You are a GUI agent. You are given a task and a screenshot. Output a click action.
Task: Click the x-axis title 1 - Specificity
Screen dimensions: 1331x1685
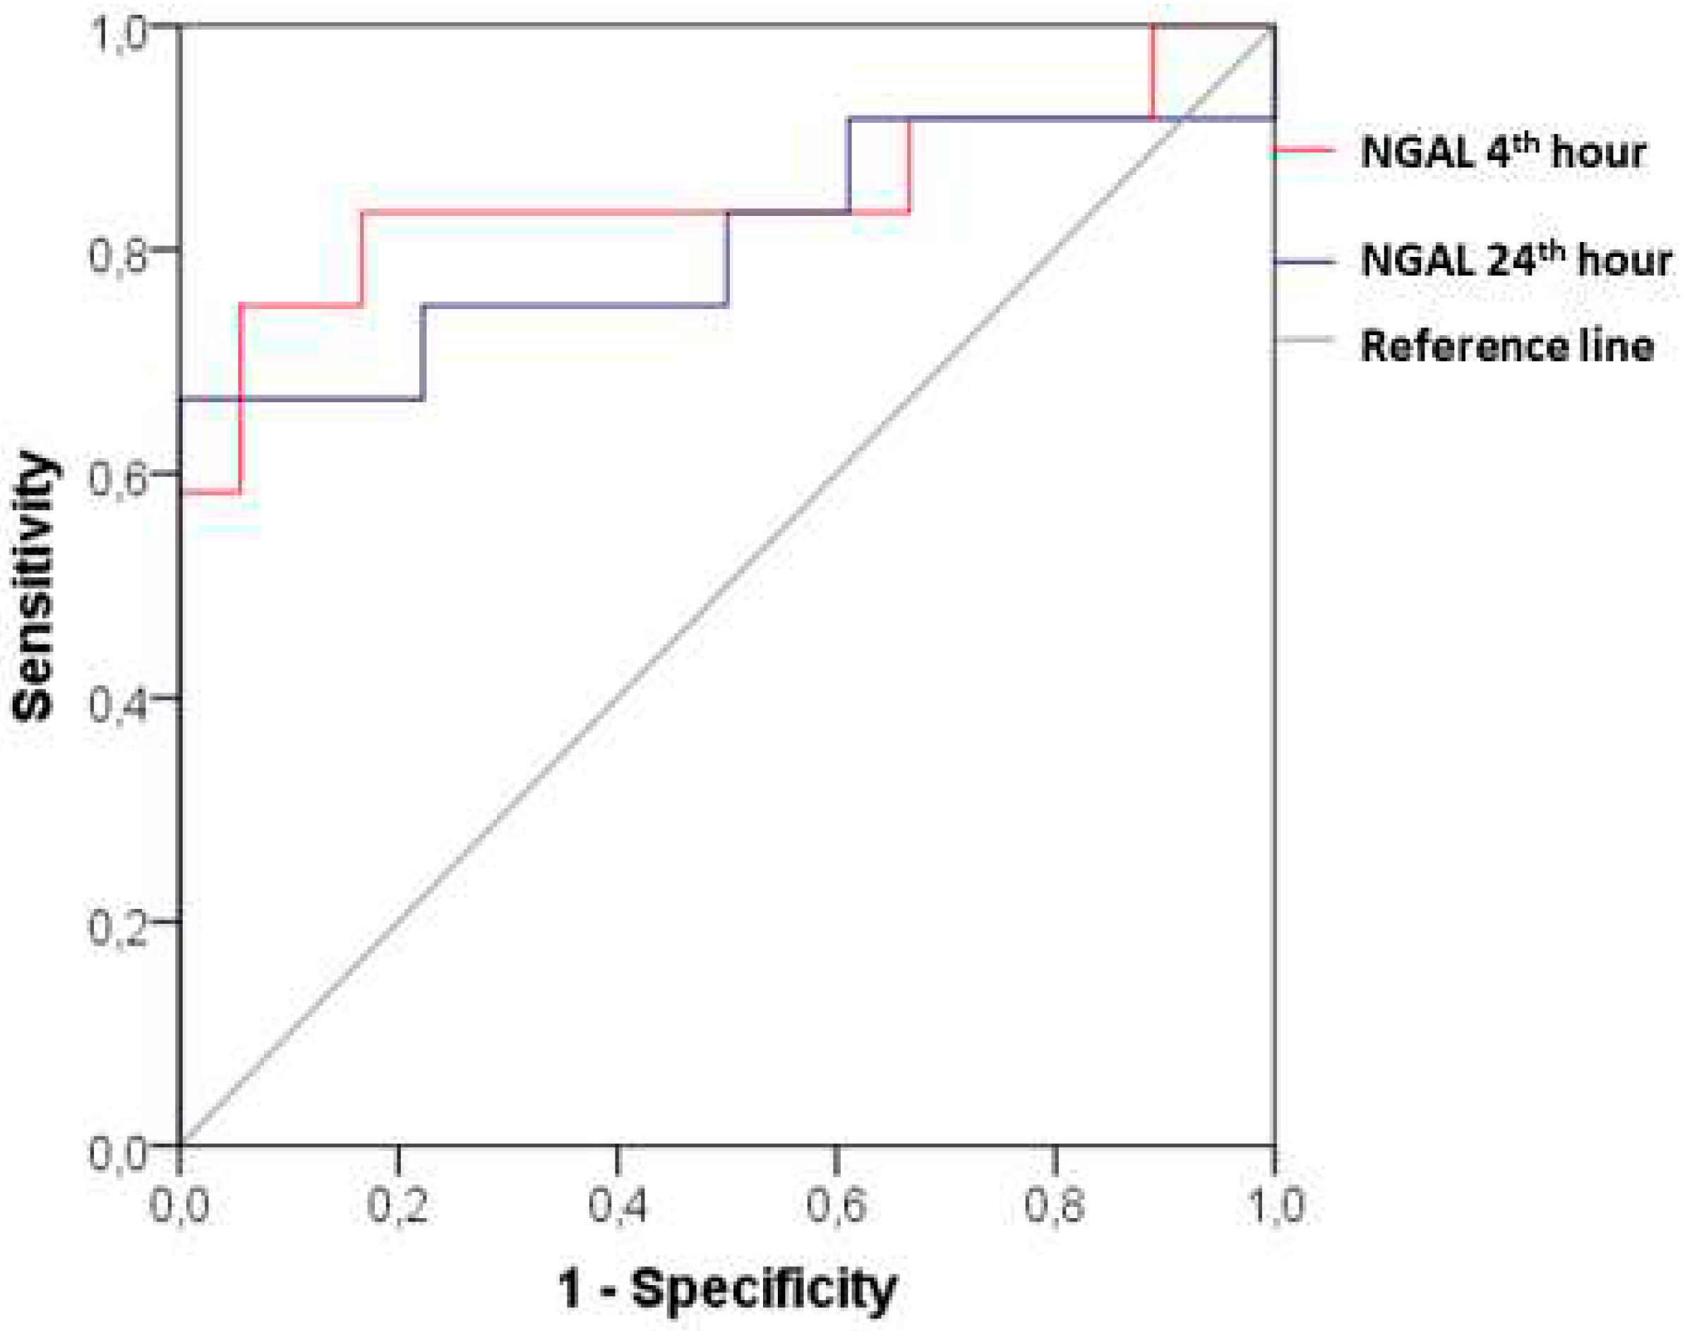[727, 1287]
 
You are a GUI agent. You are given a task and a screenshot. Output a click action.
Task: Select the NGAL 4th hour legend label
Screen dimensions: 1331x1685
[1503, 152]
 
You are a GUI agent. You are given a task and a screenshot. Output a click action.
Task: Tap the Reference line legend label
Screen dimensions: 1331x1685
[1506, 346]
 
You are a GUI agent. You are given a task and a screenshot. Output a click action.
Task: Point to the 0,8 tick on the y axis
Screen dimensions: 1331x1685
[119, 253]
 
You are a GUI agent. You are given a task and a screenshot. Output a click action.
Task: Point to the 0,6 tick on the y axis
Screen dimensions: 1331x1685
[119, 477]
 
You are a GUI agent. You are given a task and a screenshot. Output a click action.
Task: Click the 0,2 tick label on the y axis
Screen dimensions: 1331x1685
[119, 926]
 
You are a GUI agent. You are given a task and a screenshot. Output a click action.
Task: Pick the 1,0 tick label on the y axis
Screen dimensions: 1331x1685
[119, 35]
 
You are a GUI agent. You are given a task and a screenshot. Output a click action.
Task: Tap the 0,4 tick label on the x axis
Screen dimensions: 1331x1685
[617, 1205]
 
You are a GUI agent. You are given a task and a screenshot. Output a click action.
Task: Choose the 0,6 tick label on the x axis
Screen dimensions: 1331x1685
[836, 1205]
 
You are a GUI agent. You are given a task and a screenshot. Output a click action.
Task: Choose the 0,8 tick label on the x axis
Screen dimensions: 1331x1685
[1054, 1205]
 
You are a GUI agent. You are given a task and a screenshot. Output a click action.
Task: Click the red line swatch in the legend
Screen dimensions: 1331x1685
[1303, 150]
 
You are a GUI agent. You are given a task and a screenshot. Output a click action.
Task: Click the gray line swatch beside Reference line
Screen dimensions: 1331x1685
[1303, 339]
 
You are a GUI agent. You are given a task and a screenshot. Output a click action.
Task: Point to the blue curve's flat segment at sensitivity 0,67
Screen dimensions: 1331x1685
[304, 399]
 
